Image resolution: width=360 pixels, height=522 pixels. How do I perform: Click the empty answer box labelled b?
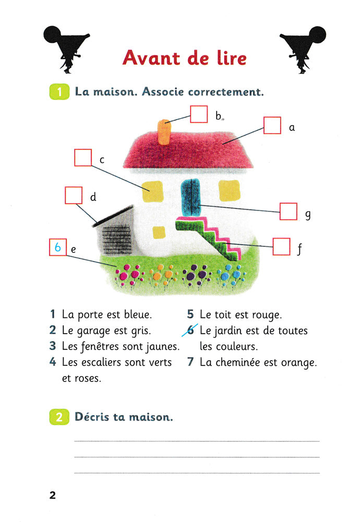pyautogui.click(x=199, y=114)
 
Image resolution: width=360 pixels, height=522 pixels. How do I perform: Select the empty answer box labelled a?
pyautogui.click(x=272, y=126)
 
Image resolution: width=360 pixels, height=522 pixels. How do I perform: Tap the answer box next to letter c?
pyautogui.click(x=83, y=158)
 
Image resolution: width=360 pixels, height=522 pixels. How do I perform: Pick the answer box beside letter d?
pyautogui.click(x=73, y=195)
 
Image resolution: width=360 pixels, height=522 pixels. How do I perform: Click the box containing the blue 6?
pyautogui.click(x=57, y=247)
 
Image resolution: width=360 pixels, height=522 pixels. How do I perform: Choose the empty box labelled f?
pyautogui.click(x=282, y=247)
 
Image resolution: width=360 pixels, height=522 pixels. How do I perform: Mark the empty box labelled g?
pyautogui.click(x=289, y=211)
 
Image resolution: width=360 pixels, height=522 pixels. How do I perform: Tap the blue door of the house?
pyautogui.click(x=191, y=196)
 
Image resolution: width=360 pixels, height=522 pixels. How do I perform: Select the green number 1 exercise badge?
pyautogui.click(x=59, y=92)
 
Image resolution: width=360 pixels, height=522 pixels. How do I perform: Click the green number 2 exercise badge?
pyautogui.click(x=59, y=417)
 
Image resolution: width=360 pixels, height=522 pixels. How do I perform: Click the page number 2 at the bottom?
pyautogui.click(x=53, y=495)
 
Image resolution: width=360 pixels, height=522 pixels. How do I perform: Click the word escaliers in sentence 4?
pyautogui.click(x=104, y=362)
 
